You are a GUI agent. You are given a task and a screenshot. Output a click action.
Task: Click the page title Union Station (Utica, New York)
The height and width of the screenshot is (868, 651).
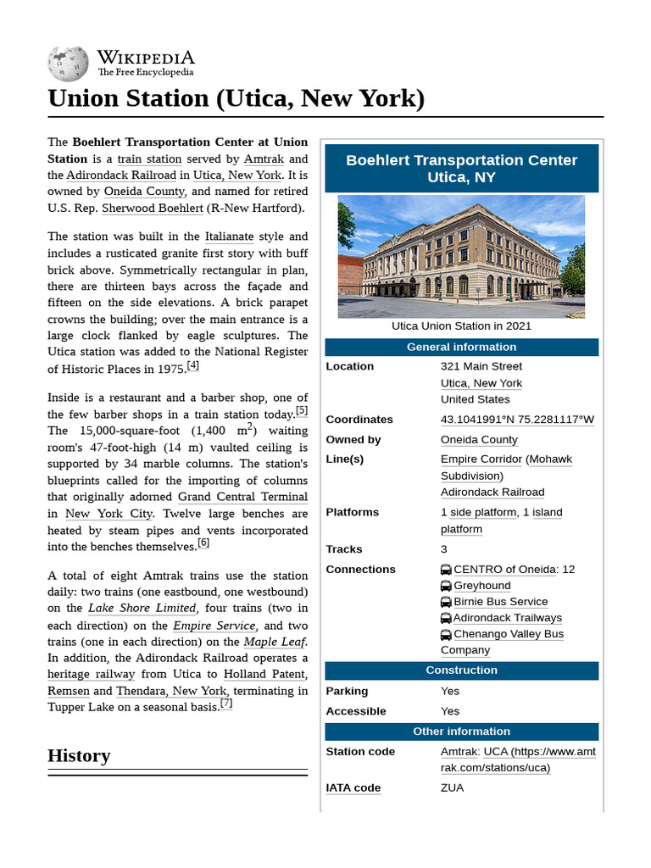pos(236,98)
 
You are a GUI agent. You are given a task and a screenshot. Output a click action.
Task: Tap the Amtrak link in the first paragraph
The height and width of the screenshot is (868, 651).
pos(264,159)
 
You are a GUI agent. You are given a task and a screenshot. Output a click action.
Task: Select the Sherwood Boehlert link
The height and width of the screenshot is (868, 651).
pos(153,208)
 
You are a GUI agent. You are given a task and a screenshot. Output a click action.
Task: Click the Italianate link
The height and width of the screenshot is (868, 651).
pos(229,236)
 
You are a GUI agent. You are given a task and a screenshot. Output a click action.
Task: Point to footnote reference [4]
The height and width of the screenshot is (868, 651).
pos(193,365)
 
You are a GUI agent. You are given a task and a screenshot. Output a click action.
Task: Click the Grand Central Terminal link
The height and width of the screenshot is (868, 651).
pos(242,497)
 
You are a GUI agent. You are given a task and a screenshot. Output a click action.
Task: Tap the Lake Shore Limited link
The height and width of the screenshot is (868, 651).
pos(142,608)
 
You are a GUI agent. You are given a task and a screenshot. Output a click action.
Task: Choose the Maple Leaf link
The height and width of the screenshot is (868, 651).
pos(274,642)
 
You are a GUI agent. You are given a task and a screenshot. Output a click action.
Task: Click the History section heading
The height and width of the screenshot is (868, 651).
pos(79,755)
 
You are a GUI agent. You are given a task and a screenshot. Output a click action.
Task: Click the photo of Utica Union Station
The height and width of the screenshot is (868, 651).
pos(461,256)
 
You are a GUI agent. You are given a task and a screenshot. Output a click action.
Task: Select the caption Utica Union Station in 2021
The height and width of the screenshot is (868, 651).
pos(461,325)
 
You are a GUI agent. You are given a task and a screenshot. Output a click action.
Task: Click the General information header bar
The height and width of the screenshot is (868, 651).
pos(461,347)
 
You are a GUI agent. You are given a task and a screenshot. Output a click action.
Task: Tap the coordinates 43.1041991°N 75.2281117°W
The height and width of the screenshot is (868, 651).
pos(517,420)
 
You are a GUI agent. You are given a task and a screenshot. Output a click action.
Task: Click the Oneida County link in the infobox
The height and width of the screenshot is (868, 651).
pos(479,440)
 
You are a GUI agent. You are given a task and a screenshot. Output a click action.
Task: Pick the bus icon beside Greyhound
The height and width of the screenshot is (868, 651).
pos(446,586)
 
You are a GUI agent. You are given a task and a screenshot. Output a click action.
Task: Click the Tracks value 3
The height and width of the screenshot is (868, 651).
pos(444,549)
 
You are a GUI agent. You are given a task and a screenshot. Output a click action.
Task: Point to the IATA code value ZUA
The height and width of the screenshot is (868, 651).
pos(453,787)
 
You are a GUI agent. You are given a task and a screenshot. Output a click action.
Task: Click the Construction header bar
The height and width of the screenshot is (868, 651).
pos(461,670)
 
